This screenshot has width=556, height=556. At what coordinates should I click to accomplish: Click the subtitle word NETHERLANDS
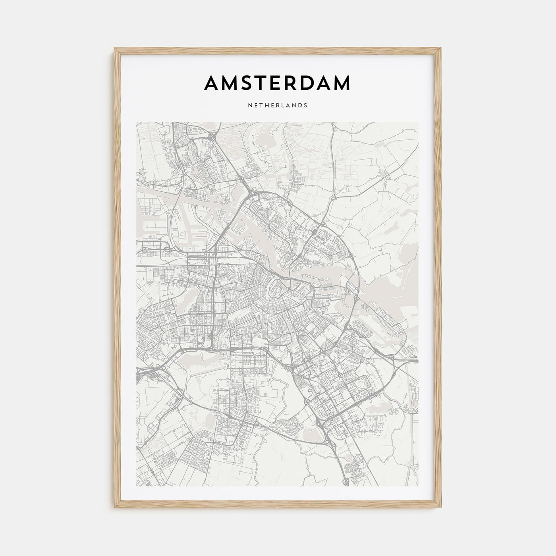tap(277, 106)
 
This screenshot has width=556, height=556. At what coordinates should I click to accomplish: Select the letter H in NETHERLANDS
tap(268, 106)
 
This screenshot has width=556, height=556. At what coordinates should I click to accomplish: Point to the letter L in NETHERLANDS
tap(285, 106)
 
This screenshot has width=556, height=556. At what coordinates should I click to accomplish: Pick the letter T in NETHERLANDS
tap(262, 106)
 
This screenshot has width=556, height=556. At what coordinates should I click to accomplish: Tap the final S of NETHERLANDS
tap(305, 106)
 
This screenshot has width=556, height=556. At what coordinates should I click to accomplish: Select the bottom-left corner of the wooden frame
tap(115, 508)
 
